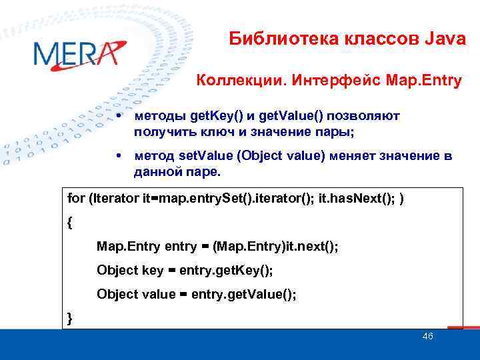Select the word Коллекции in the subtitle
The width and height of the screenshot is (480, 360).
point(229,82)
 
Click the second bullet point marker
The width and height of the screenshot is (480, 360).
point(117,156)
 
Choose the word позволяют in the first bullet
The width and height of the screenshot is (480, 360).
point(368,117)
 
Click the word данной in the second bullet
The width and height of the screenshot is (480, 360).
point(157,172)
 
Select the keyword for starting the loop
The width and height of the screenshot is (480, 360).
point(75,199)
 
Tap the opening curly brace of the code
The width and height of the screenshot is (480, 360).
point(71,223)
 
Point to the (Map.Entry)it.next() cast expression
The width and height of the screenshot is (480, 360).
point(276,247)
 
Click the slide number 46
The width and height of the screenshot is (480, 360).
point(427,337)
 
